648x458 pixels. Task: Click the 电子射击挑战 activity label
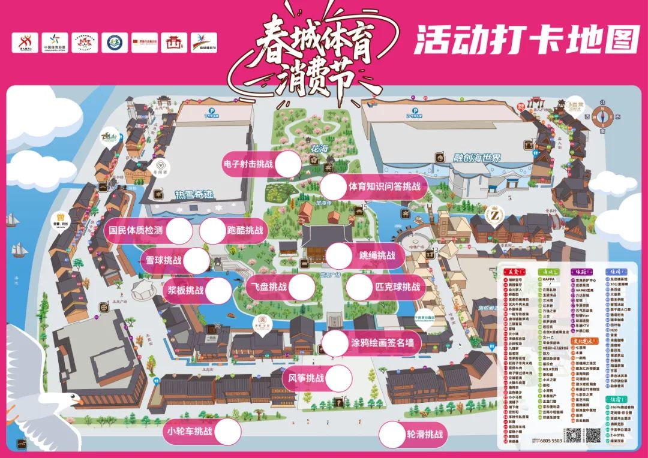point(251,164)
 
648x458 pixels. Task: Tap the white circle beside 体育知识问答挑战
point(334,186)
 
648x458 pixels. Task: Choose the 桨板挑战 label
point(185,291)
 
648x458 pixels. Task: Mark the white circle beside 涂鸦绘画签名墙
point(335,343)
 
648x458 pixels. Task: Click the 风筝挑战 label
point(306,378)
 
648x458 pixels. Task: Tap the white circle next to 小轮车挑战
point(228,432)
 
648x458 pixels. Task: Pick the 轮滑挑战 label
point(424,435)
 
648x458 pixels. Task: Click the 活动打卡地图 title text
point(526,40)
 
